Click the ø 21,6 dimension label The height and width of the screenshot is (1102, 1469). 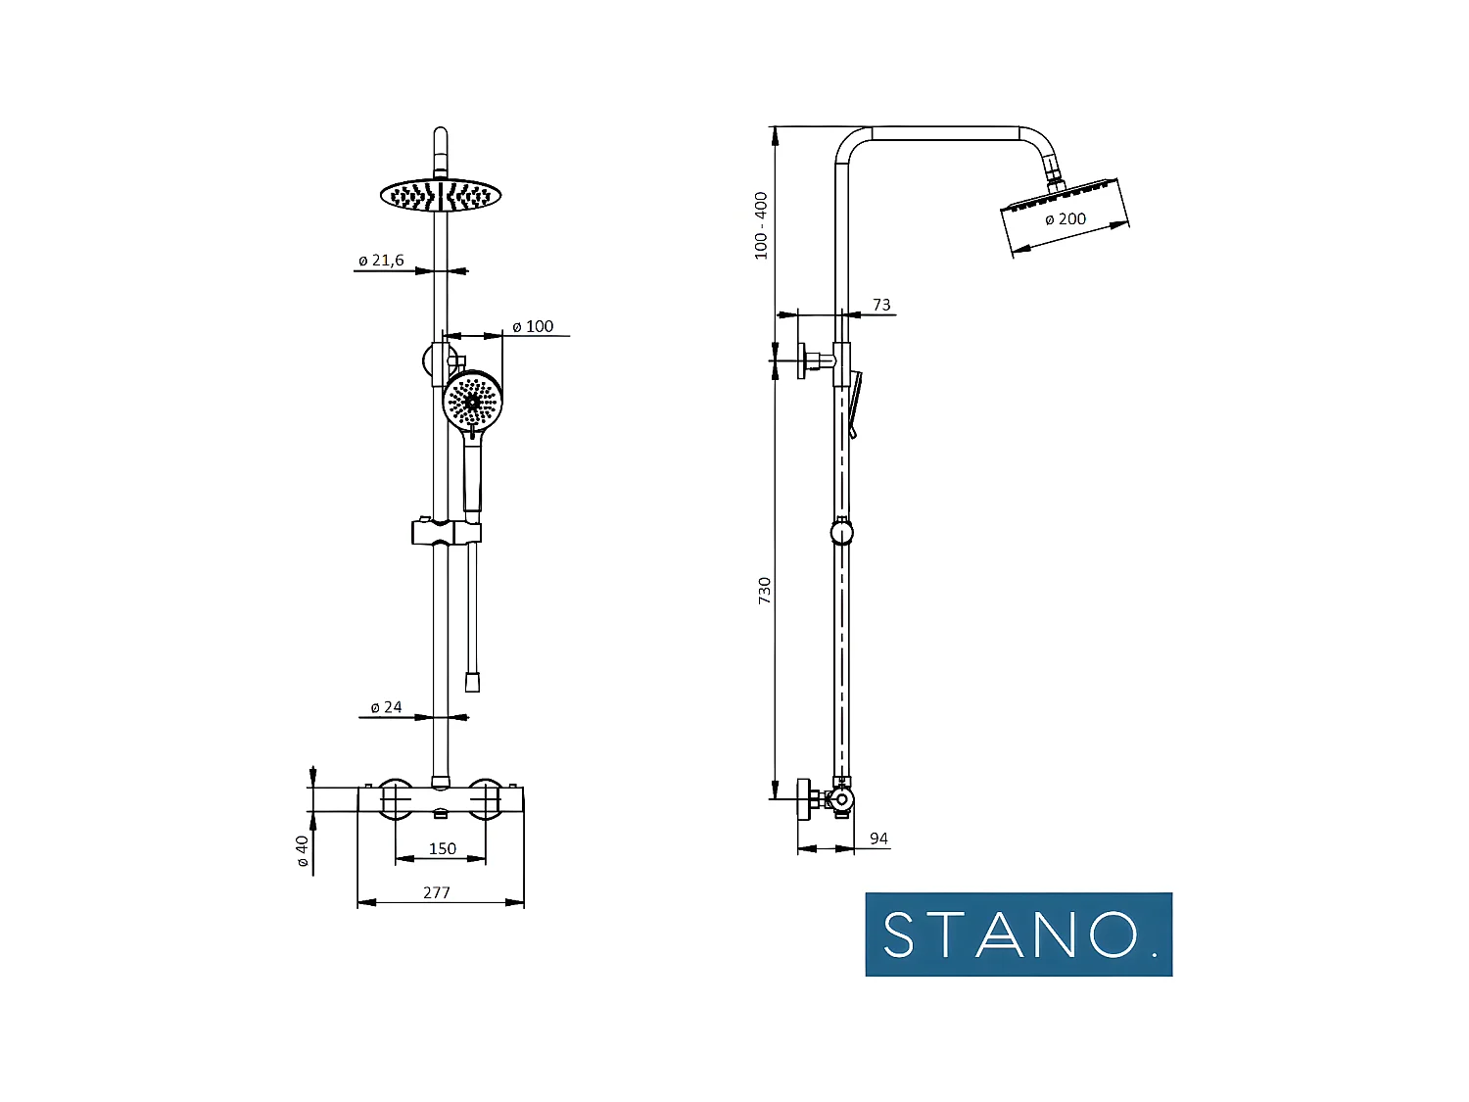[381, 261]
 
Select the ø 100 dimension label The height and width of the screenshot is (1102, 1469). [533, 326]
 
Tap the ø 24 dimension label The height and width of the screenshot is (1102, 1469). [386, 707]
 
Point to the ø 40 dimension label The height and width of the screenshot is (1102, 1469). [303, 850]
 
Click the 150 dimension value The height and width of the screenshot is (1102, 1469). [442, 848]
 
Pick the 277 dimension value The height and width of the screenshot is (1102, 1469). [437, 892]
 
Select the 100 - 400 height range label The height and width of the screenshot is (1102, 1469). [761, 225]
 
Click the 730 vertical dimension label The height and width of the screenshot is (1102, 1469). [764, 591]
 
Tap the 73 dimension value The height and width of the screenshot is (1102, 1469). [881, 305]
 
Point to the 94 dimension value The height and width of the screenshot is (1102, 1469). [878, 838]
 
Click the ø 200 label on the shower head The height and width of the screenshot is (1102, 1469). [1066, 219]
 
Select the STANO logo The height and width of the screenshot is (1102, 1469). [1019, 934]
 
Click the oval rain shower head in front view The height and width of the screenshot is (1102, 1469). [441, 196]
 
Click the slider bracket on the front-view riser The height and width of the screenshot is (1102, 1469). [446, 532]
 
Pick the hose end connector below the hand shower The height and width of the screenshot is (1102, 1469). [472, 682]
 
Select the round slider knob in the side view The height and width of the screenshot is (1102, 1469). [841, 533]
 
